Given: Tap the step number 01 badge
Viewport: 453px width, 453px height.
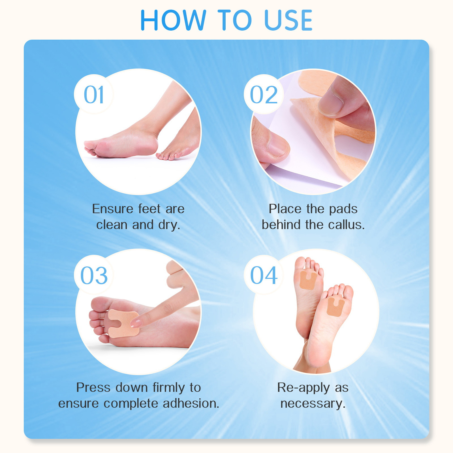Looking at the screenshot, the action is point(94,95).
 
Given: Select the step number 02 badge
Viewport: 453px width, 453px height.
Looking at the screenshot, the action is point(264,95).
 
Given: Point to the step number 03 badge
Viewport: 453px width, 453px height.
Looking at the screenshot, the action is point(94,275).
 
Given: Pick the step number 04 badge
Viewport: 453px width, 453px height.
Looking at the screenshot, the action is point(264,275).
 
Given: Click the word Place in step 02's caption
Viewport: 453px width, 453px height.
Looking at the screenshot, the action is point(285,209).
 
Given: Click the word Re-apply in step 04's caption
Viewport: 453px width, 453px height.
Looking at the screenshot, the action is point(304,388).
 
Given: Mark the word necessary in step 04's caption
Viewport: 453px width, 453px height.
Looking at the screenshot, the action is point(313,403).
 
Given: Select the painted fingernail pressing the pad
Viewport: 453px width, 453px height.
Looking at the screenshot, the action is point(136,323).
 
